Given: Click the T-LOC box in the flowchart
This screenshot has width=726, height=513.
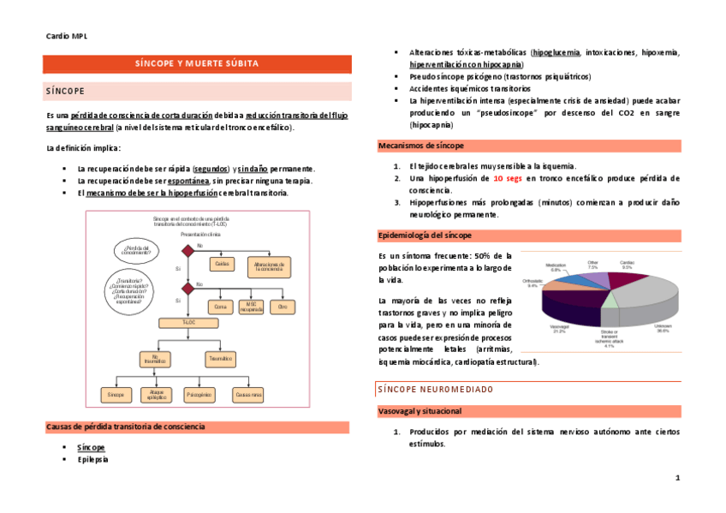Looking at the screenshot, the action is pos(189,322).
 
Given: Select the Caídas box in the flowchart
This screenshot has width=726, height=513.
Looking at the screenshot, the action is pos(223,265).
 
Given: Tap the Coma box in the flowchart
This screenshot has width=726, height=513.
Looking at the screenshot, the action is pos(220,306).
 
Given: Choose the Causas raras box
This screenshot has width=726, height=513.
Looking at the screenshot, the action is pos(248,395).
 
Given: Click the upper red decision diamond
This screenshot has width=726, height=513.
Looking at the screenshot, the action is pos(188,250).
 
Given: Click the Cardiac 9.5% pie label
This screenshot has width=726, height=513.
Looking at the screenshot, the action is pos(627,265).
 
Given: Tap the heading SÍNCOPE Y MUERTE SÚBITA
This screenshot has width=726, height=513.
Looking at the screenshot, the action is pos(197,64).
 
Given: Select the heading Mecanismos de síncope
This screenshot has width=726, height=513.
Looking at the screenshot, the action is pos(421,146).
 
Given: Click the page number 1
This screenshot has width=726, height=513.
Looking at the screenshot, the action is pos(677,477).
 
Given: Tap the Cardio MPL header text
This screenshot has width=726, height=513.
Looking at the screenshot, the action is pos(66,36).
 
